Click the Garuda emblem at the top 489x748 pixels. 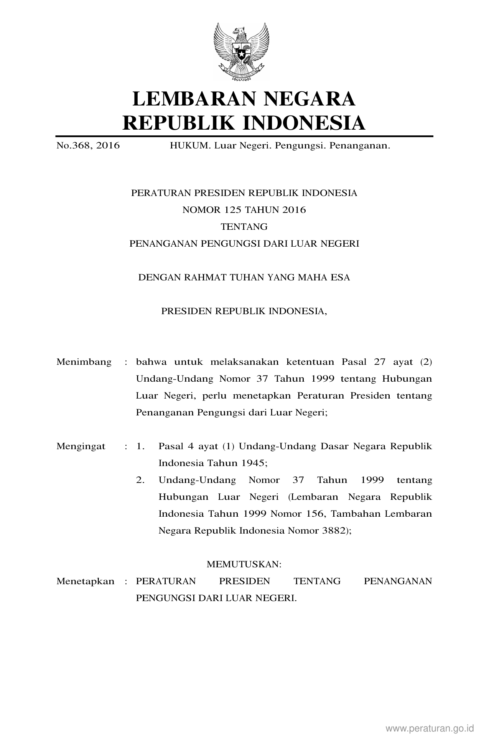[241, 51]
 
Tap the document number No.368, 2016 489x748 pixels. [88, 146]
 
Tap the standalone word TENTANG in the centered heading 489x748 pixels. [244, 227]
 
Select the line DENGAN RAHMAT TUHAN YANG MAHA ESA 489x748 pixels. [244, 277]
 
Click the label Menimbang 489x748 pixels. [84, 362]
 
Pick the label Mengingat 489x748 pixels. [81, 446]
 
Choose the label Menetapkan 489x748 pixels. [85, 581]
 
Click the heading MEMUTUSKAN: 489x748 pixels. [244, 564]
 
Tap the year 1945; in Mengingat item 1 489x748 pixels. [254, 463]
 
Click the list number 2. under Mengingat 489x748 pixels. [140, 480]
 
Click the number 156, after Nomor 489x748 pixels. [316, 514]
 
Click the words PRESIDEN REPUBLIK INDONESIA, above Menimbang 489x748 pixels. [244, 311]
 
